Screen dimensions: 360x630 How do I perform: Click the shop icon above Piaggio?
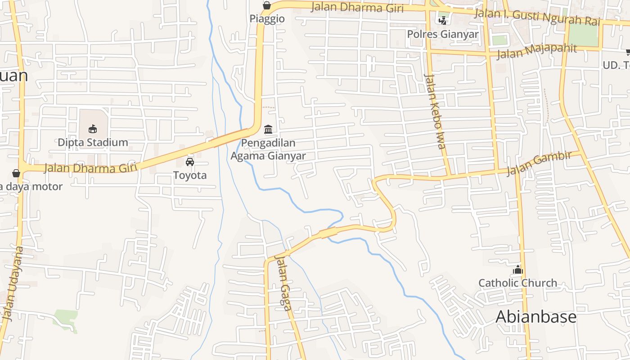click(x=267, y=5)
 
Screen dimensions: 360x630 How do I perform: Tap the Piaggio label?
click(x=267, y=19)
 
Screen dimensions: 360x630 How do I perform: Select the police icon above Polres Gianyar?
click(x=443, y=20)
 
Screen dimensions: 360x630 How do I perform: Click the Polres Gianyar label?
click(x=443, y=34)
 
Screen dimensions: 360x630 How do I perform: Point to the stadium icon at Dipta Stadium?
click(x=93, y=129)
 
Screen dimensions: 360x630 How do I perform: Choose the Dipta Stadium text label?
click(x=93, y=143)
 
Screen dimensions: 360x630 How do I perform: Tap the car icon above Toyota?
click(x=190, y=162)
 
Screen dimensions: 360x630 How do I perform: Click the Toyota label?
click(x=190, y=175)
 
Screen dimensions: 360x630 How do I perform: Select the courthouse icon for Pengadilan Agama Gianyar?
click(x=268, y=130)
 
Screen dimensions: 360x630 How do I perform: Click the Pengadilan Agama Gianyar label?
click(x=268, y=149)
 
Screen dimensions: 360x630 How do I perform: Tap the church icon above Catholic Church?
click(x=518, y=270)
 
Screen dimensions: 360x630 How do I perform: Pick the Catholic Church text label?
click(x=517, y=283)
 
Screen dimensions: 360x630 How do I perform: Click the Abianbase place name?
click(x=535, y=317)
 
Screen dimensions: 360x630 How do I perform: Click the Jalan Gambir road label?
click(x=539, y=163)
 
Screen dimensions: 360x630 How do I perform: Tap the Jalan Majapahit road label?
click(x=536, y=51)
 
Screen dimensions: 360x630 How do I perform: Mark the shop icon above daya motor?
click(x=16, y=173)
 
